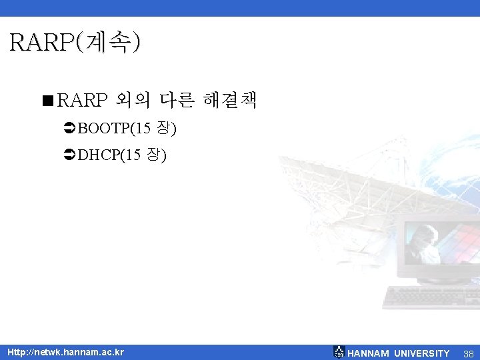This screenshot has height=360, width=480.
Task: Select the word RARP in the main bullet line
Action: pos(81,101)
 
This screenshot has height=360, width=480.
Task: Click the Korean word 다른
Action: pos(176,101)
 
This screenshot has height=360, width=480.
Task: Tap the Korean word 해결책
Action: pos(230,101)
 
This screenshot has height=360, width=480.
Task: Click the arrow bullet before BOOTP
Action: pos(69,127)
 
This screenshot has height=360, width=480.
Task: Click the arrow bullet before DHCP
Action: pos(69,156)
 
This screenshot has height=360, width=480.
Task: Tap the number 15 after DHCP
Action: pos(133,156)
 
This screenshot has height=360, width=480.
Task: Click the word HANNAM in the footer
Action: pos(368,353)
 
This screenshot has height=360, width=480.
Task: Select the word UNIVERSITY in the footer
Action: pos(421,353)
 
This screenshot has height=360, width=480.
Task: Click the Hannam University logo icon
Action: pos(339,352)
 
